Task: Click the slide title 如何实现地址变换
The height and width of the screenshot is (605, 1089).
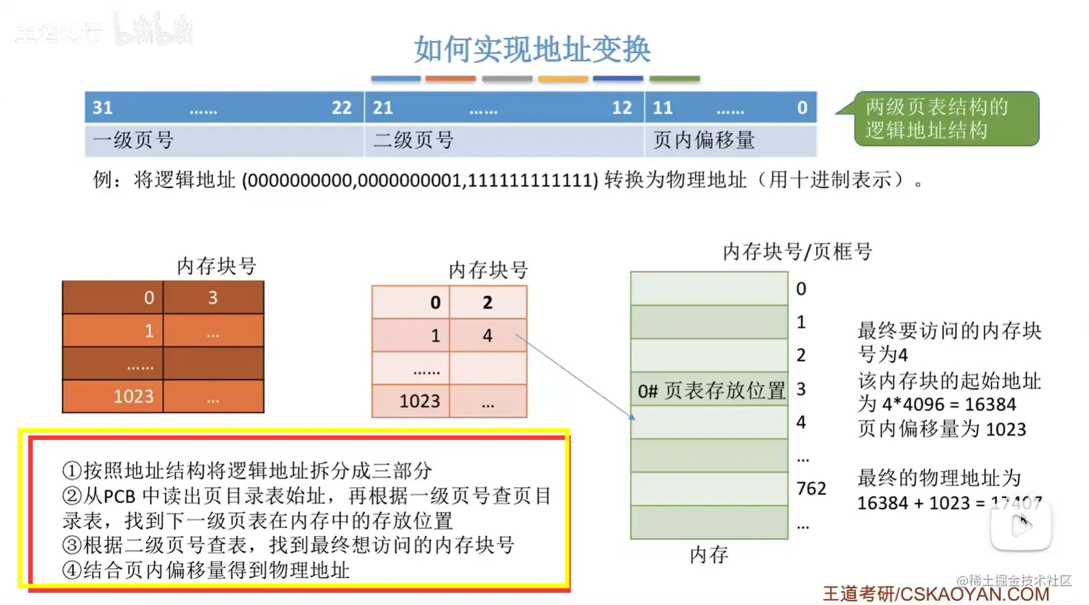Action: point(532,49)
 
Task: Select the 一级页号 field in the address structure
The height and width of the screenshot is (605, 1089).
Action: point(133,140)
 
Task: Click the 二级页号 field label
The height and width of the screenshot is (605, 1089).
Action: point(413,140)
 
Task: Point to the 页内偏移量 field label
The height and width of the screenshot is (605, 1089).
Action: point(703,140)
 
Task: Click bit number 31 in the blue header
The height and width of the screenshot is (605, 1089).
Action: point(102,108)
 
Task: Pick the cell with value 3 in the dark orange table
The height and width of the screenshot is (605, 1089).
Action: point(212,297)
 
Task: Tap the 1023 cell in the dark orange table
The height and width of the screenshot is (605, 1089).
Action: point(133,396)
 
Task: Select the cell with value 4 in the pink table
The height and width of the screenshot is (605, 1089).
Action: point(488,336)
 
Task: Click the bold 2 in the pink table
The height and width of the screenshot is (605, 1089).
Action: point(488,302)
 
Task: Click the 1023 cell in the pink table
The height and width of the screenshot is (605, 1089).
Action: point(419,401)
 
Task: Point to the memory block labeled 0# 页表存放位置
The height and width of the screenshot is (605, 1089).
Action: point(709,390)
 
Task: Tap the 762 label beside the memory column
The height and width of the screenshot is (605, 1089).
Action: point(811,489)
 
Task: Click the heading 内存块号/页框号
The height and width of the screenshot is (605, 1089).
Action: point(797,251)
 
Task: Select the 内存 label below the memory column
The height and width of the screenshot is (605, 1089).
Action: point(709,555)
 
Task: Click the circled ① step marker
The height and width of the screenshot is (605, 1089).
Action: point(71,471)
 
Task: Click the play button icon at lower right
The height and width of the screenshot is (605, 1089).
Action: point(1021,526)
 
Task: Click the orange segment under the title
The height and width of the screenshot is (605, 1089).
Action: point(450,79)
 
